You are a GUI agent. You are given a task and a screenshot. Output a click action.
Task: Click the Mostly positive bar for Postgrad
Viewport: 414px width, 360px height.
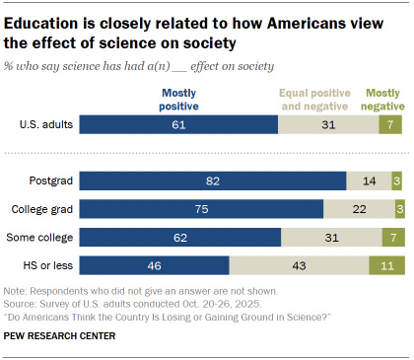213,181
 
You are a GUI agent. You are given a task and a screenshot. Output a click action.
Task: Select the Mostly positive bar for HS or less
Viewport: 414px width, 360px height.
155,265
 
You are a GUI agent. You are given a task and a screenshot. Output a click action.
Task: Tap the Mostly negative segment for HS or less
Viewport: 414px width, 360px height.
386,265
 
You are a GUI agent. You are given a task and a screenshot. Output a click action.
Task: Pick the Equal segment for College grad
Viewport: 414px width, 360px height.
358,209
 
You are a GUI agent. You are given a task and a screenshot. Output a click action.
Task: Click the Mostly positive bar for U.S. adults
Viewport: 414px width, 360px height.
178,124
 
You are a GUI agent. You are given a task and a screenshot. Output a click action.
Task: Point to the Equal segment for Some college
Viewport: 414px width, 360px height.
330,238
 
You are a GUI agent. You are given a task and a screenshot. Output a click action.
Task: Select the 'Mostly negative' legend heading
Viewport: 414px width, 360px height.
383,99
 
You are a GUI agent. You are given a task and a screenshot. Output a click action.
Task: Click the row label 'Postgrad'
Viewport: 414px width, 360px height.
49,181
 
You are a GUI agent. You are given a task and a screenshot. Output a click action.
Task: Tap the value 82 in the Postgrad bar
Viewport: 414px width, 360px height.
213,181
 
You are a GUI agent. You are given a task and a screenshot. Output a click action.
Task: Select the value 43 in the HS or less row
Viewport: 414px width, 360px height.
299,265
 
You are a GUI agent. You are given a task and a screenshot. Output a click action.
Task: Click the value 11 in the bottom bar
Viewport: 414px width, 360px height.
386,265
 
